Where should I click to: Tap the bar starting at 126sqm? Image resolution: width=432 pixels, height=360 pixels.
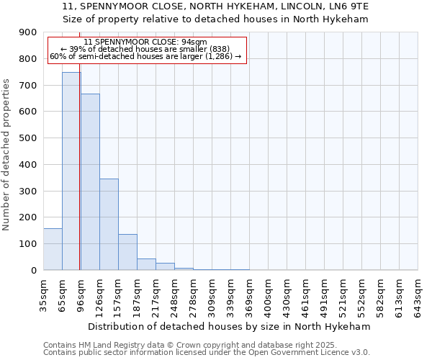[109, 224]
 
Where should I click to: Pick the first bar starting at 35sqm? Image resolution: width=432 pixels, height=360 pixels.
[53, 249]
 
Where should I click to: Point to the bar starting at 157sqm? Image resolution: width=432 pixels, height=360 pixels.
[127, 252]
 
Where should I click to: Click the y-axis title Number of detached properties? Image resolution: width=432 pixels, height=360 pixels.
[7, 155]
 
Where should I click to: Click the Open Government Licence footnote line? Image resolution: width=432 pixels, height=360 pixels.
[207, 353]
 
